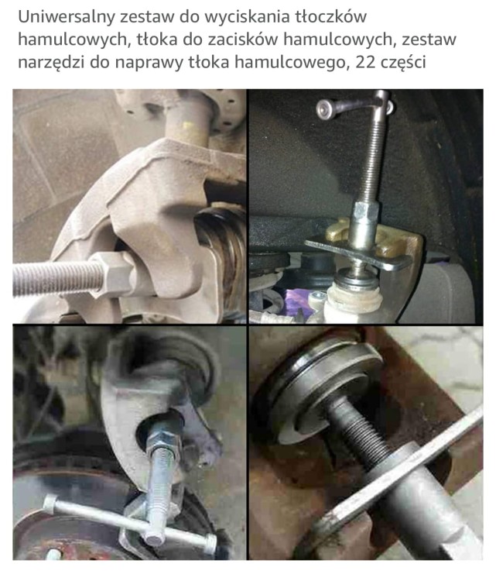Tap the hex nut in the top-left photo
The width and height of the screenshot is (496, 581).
point(112,273)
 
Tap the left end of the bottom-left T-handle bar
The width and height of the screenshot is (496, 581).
point(50,504)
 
